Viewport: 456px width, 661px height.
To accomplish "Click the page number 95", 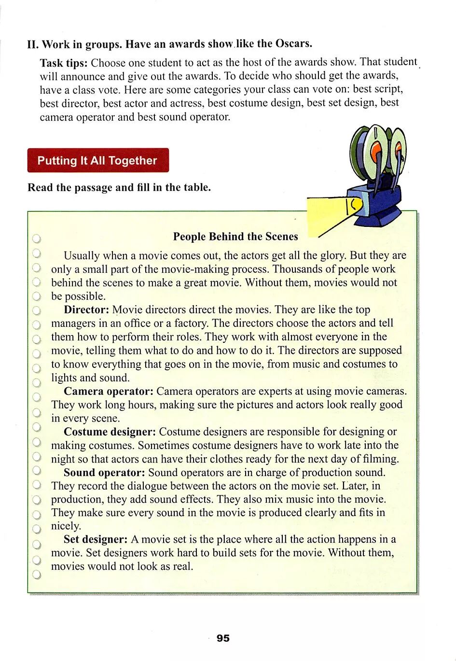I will (x=223, y=638).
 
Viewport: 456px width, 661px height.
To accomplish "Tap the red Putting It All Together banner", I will (x=98, y=160).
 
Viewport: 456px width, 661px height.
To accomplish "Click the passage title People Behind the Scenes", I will (x=235, y=237).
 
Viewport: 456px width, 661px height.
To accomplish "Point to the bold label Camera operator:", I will (x=109, y=391).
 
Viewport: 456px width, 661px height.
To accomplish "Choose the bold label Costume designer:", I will (x=110, y=432).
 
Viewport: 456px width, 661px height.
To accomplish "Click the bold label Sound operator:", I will (x=104, y=472).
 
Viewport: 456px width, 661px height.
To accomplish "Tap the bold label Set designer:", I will (x=96, y=539).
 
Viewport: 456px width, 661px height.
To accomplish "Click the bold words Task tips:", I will (x=64, y=63).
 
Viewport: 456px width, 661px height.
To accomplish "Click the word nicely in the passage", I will (x=66, y=526).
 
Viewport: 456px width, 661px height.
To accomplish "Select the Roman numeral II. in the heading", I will (x=33, y=44).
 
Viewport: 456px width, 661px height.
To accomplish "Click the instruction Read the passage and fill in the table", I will (x=119, y=187).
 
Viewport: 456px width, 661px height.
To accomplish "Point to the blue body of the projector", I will (x=381, y=203).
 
